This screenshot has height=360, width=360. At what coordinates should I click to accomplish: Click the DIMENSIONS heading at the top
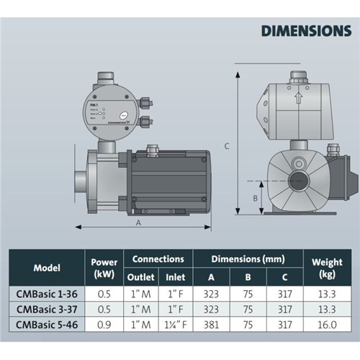306,31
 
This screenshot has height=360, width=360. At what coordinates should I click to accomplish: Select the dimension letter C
226,146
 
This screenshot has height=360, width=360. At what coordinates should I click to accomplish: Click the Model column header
51,267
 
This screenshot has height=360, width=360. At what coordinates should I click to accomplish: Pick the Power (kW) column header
105,267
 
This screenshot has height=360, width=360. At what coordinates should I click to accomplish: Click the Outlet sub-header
140,276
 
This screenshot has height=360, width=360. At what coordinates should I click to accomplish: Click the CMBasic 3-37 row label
51,309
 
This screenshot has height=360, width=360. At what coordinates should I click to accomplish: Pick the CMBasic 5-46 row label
51,325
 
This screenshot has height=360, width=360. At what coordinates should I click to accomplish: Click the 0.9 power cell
105,325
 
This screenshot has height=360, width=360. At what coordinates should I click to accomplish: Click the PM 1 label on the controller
94,104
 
